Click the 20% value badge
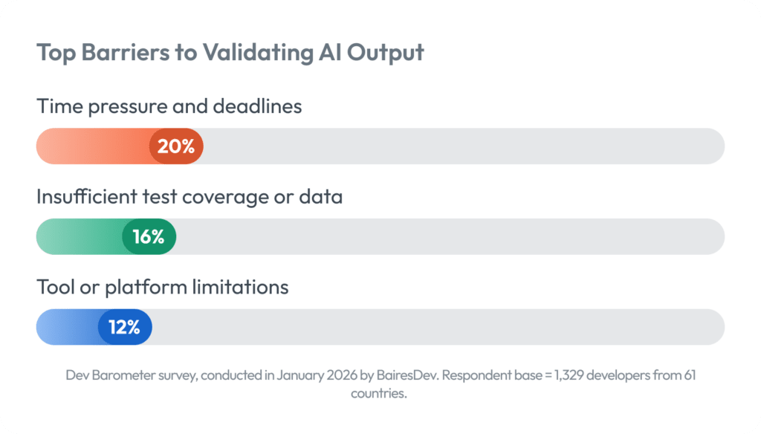click(x=176, y=146)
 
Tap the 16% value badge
click(x=149, y=237)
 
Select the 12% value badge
click(x=125, y=327)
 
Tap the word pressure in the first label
click(x=128, y=106)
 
